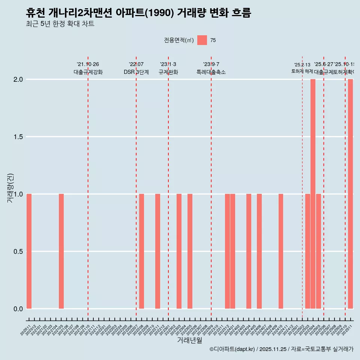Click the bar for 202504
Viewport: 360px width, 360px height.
pos(313,194)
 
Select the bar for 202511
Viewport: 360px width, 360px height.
pos(350,194)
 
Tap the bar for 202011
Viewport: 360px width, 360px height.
pos(29,251)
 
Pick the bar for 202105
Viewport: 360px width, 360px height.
pos(61,251)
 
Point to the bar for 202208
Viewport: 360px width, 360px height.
pos(141,251)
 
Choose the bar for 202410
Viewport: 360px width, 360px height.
pos(281,251)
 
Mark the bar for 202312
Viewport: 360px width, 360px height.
pos(227,251)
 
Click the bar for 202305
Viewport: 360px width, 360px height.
pos(190,251)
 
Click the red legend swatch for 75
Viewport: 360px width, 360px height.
pos(202,40)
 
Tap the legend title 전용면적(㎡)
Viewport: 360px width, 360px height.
pos(179,40)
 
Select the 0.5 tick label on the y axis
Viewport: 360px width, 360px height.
pos(18,252)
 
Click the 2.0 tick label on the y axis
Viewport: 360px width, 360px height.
pos(18,79)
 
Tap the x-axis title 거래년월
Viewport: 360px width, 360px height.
pos(189,340)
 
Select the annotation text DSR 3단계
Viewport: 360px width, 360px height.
pos(136,72)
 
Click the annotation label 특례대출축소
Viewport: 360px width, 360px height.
pos(211,72)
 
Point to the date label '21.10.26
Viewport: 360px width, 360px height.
pos(88,64)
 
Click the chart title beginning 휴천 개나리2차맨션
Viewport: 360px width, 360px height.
pos(138,13)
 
